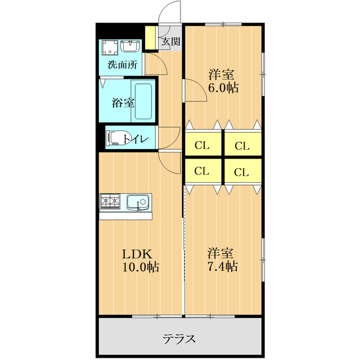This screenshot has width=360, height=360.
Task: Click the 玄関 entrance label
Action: click(171, 41)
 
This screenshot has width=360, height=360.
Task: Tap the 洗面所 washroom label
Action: click(122, 64)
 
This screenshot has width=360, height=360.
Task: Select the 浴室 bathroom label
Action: click(123, 103)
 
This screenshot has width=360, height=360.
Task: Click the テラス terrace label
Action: click(179, 339)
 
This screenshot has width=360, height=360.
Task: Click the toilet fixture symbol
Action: click(115, 138)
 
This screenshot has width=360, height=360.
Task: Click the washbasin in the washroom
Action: click(131, 46)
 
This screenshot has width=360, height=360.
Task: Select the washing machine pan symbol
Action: click(110, 47)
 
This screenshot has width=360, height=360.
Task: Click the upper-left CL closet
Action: click(202, 145)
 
